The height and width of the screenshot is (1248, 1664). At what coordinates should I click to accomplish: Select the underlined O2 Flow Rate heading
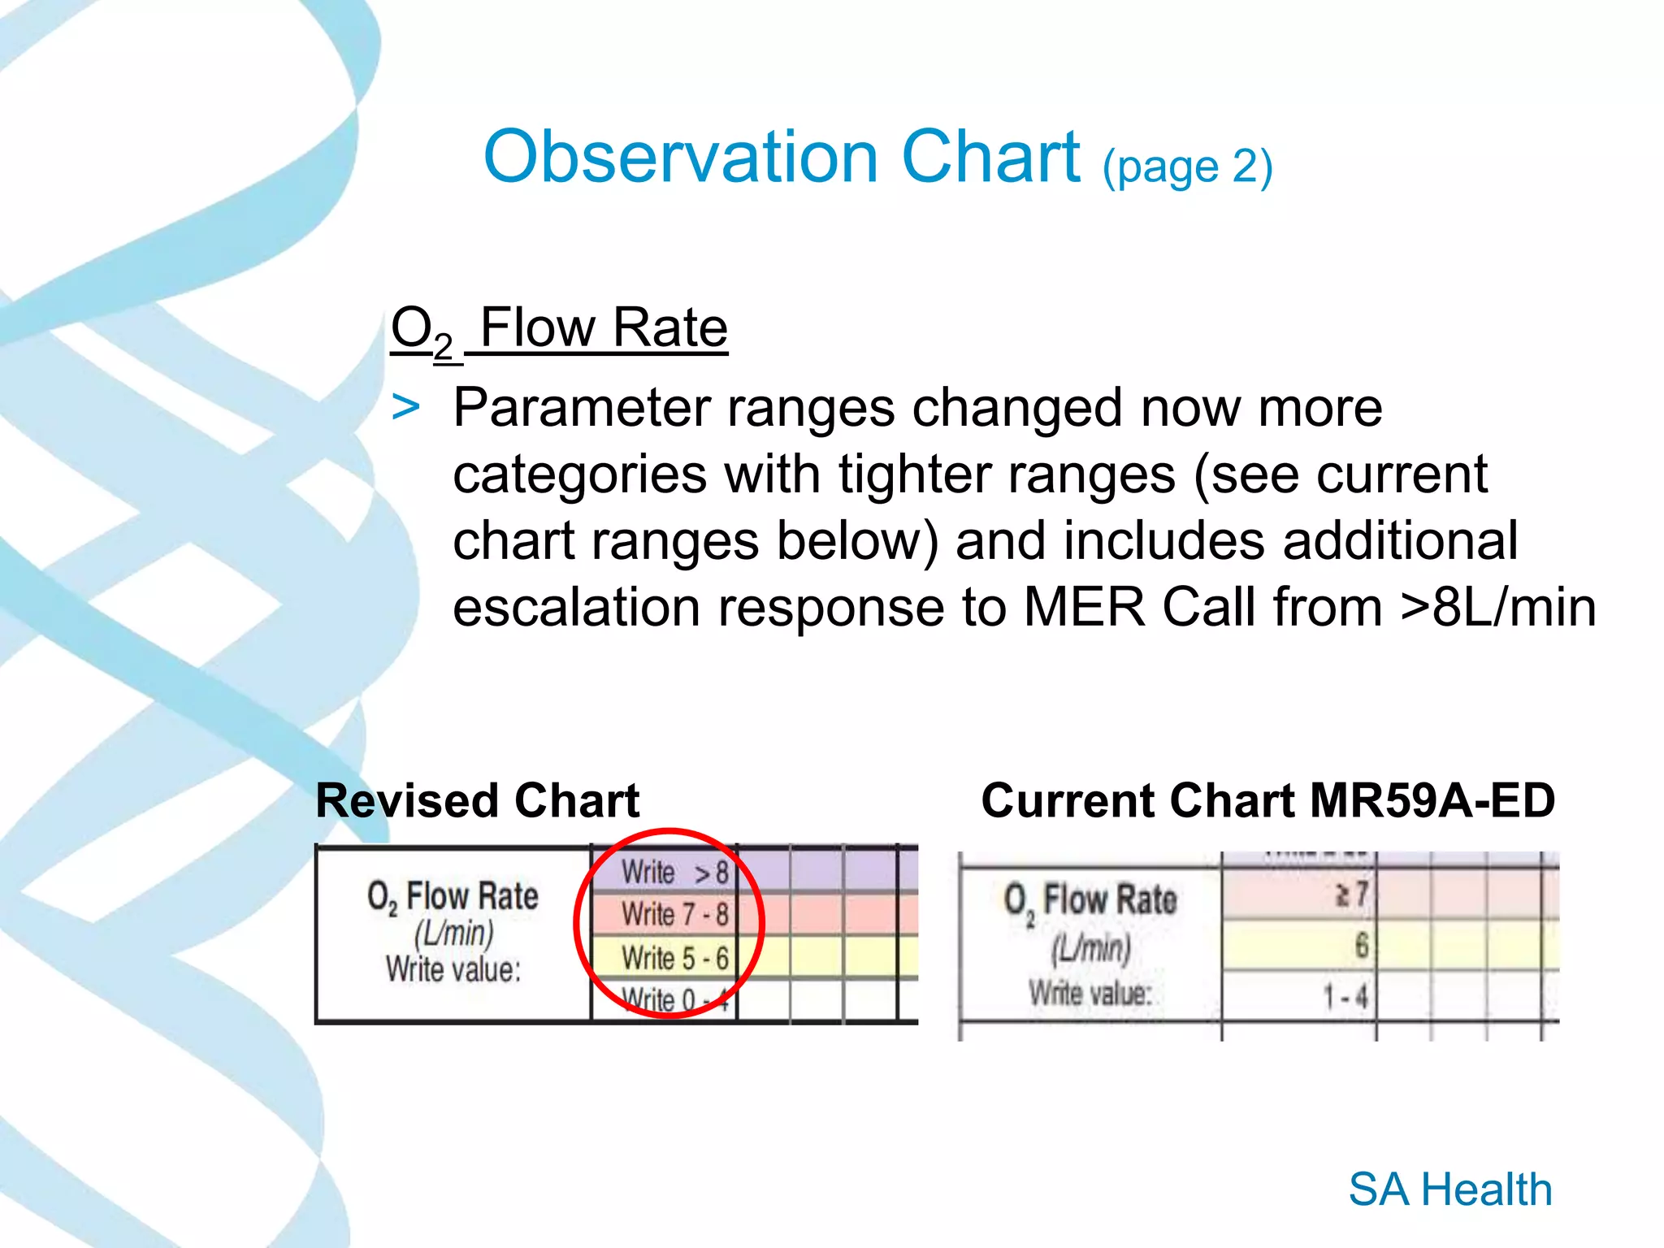coord(559,329)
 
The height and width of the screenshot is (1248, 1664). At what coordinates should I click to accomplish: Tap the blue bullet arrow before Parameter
coord(405,407)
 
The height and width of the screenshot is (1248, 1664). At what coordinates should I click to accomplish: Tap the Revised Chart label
coord(477,800)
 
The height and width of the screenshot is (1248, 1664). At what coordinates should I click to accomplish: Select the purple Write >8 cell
coord(674,873)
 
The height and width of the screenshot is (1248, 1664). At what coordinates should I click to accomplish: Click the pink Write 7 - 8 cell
coord(674,914)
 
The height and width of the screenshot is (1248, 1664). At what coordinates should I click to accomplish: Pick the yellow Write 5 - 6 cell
coord(674,958)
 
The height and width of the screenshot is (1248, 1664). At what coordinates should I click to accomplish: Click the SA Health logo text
coord(1450,1189)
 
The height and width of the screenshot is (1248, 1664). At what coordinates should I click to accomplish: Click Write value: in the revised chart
coord(453,969)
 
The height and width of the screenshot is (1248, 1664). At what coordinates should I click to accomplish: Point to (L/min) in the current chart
coord(1090,947)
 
